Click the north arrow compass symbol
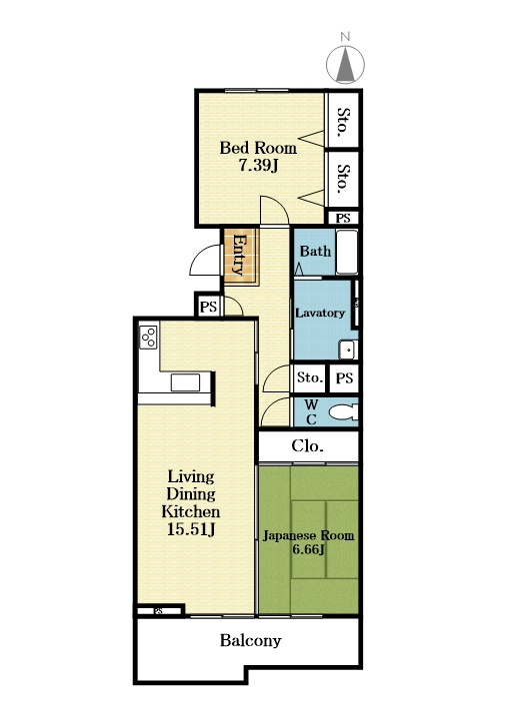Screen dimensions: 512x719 345,63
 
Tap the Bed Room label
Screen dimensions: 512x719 258,148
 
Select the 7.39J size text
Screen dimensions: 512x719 259,165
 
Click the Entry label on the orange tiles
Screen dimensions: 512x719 240,255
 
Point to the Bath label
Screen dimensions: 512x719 315,251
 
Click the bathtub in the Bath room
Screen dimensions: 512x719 347,252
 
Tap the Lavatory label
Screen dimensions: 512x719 320,313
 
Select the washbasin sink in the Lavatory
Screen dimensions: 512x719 347,351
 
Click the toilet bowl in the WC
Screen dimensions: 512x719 343,411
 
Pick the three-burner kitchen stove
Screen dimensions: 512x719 148,338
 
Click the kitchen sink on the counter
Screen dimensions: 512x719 185,382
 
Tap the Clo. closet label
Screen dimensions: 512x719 308,445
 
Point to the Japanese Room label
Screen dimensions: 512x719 308,535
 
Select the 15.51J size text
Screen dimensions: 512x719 191,529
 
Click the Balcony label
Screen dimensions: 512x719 250,640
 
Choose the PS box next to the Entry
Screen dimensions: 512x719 208,306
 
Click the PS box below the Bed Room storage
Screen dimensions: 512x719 343,218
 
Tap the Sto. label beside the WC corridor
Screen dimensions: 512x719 309,377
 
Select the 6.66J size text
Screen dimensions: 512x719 309,549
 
